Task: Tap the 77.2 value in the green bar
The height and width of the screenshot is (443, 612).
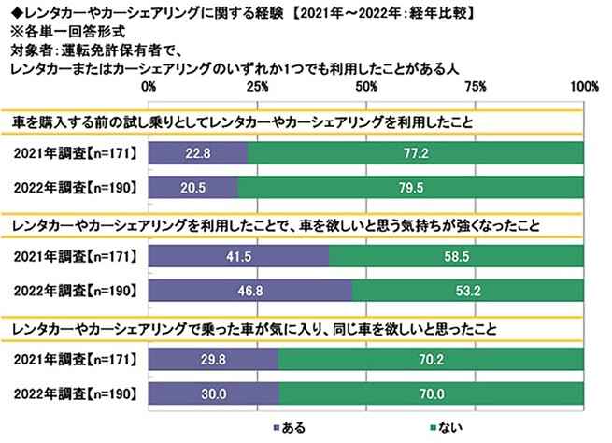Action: click(416, 151)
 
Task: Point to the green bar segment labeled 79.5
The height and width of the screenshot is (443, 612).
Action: click(411, 186)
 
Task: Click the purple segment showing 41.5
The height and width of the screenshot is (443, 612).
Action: click(238, 255)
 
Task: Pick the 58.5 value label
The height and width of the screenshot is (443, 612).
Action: click(456, 255)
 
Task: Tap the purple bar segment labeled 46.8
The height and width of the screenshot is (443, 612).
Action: click(250, 290)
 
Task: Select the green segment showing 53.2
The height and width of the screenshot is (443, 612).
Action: click(467, 290)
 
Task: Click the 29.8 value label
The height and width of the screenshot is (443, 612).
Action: click(213, 359)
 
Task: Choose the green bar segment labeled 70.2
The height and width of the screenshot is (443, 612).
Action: click(431, 359)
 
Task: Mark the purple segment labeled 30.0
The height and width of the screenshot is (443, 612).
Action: click(214, 393)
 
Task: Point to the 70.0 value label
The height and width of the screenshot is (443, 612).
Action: click(431, 393)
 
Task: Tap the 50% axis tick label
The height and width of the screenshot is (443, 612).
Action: click(366, 86)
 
